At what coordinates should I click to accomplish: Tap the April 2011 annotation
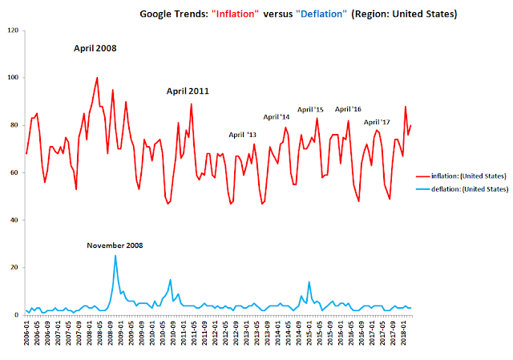click(x=188, y=91)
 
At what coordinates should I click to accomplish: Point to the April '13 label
click(x=242, y=135)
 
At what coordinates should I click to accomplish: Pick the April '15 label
click(x=310, y=109)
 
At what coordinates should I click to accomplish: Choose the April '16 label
click(x=348, y=109)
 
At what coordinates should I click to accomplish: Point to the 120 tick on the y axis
click(x=13, y=30)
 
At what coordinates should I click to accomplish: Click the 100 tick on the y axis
click(x=13, y=78)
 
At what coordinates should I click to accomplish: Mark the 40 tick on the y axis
click(x=14, y=220)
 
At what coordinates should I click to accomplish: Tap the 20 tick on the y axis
click(x=14, y=267)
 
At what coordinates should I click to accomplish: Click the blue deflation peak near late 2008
click(x=115, y=256)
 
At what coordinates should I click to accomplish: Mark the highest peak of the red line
click(x=97, y=79)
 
